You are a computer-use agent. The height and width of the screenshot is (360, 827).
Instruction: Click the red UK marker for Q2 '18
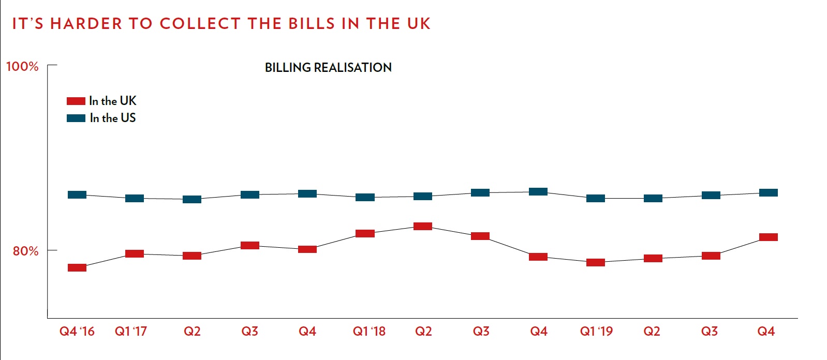point(423,226)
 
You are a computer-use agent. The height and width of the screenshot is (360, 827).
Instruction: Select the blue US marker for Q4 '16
point(77,194)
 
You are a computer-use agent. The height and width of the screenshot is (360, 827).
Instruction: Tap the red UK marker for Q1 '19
point(596,262)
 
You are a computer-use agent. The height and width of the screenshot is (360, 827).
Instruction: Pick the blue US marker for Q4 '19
point(768,192)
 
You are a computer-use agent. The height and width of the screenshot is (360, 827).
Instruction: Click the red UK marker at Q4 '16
point(77,267)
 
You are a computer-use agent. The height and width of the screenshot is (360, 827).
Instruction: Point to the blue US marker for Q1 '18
point(365,197)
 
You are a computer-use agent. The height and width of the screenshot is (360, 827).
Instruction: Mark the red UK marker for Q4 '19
point(768,237)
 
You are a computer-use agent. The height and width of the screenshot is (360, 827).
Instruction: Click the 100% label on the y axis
point(22,67)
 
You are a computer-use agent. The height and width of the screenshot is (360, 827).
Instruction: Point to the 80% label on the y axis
point(25,251)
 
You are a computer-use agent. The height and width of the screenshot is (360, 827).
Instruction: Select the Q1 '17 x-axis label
point(131,332)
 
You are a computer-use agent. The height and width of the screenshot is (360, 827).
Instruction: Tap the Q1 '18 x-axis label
point(369,332)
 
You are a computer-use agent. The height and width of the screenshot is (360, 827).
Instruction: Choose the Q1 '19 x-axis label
point(596,332)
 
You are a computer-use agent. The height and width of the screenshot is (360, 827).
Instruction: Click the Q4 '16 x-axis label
point(77,332)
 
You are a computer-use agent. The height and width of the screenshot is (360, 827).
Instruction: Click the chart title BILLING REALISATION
point(328,68)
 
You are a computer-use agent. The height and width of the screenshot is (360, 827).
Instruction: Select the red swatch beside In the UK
point(76,101)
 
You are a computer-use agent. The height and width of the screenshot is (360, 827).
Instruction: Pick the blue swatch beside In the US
point(76,118)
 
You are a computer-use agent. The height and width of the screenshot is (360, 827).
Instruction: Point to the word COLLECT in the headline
point(200,24)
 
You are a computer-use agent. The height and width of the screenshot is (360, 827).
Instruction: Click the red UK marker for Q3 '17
point(250,245)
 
